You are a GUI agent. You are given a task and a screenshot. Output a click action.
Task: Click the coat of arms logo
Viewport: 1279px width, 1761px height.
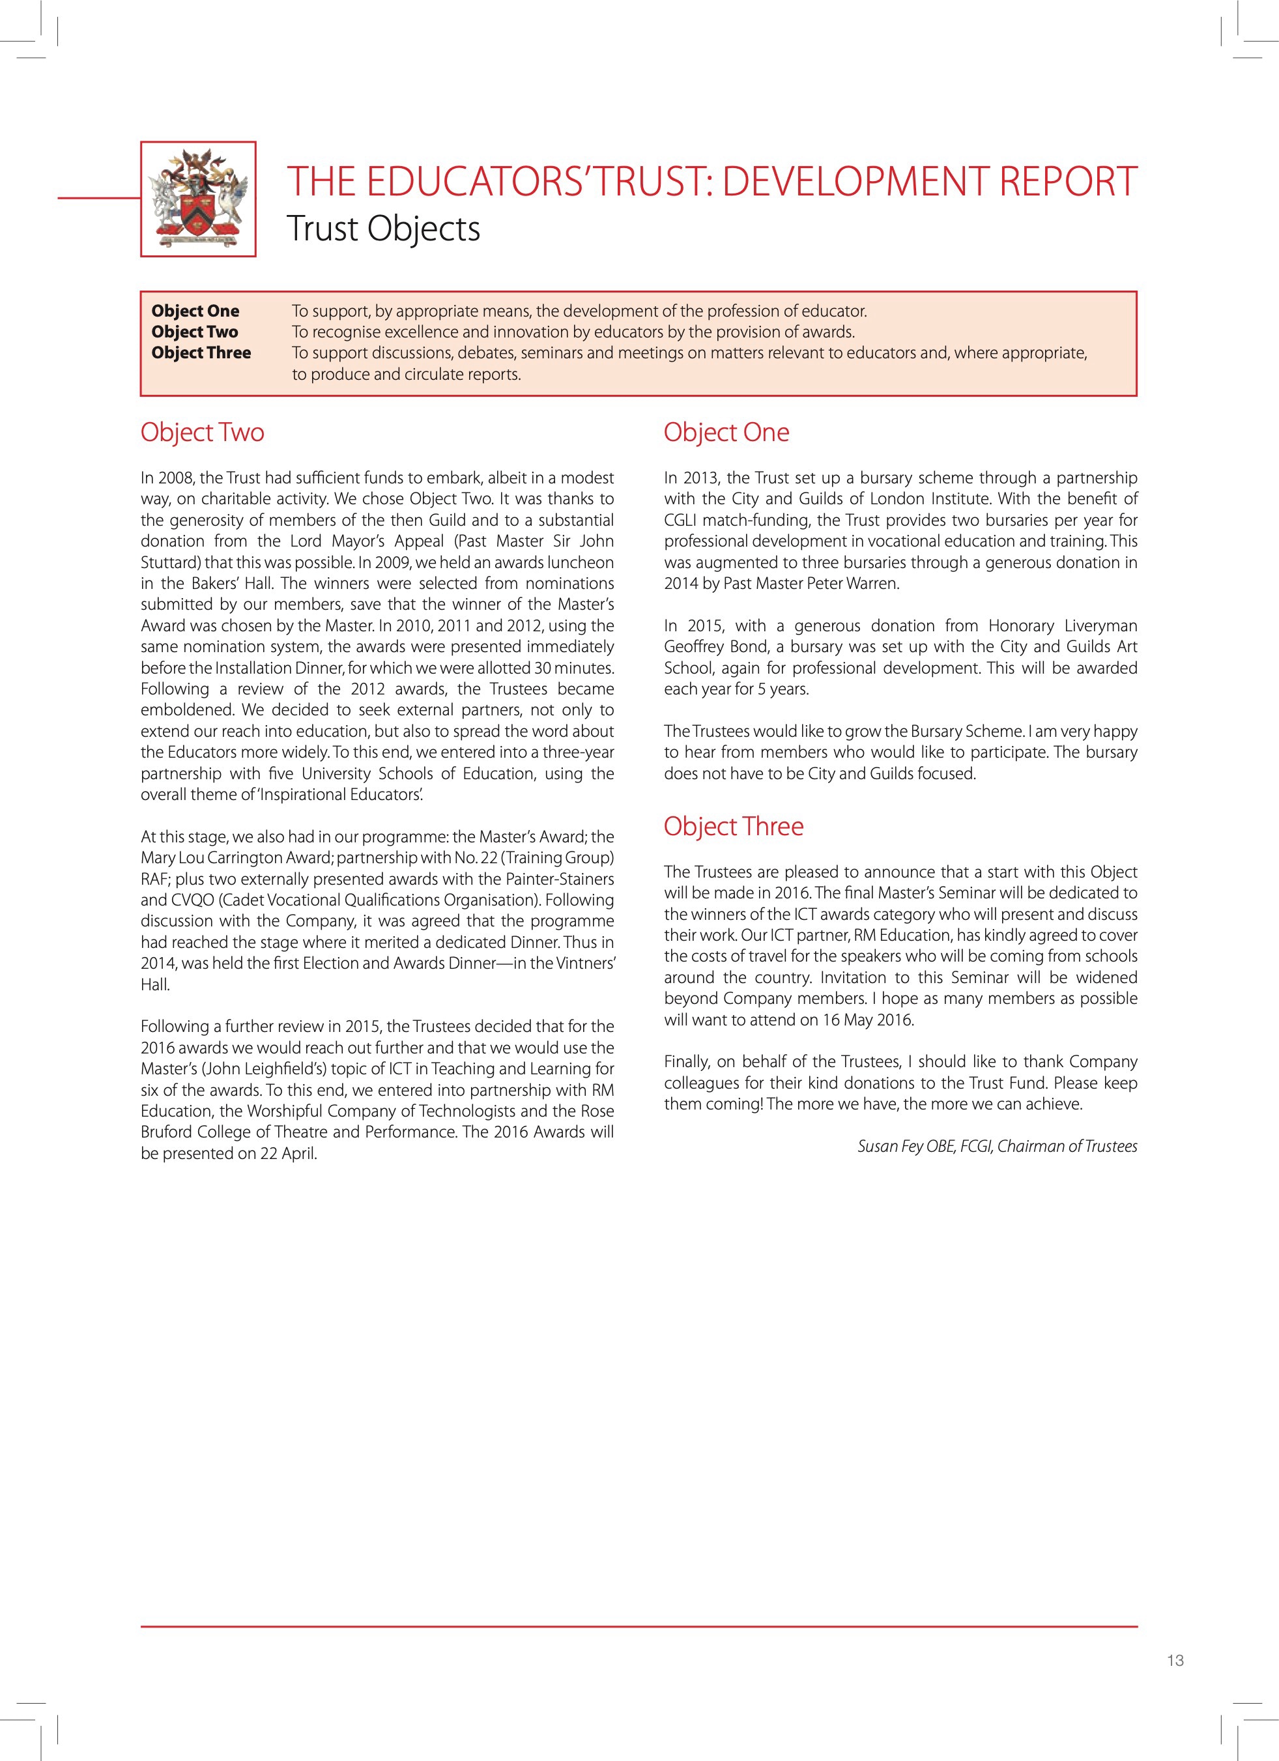point(199,199)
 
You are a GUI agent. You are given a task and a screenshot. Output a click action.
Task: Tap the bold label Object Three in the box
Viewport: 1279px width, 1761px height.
point(201,352)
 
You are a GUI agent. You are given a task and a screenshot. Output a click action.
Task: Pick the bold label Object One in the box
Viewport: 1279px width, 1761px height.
point(195,311)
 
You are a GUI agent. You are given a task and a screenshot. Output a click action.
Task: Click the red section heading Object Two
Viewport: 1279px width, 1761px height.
point(202,433)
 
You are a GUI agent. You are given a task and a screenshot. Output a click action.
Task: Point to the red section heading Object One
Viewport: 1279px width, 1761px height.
point(726,433)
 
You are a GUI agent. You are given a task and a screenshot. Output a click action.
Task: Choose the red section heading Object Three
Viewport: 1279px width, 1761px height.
point(733,826)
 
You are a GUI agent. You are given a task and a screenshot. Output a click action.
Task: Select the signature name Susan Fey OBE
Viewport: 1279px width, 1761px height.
point(906,1146)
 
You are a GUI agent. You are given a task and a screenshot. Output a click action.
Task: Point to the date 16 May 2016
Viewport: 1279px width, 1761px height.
point(867,1020)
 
